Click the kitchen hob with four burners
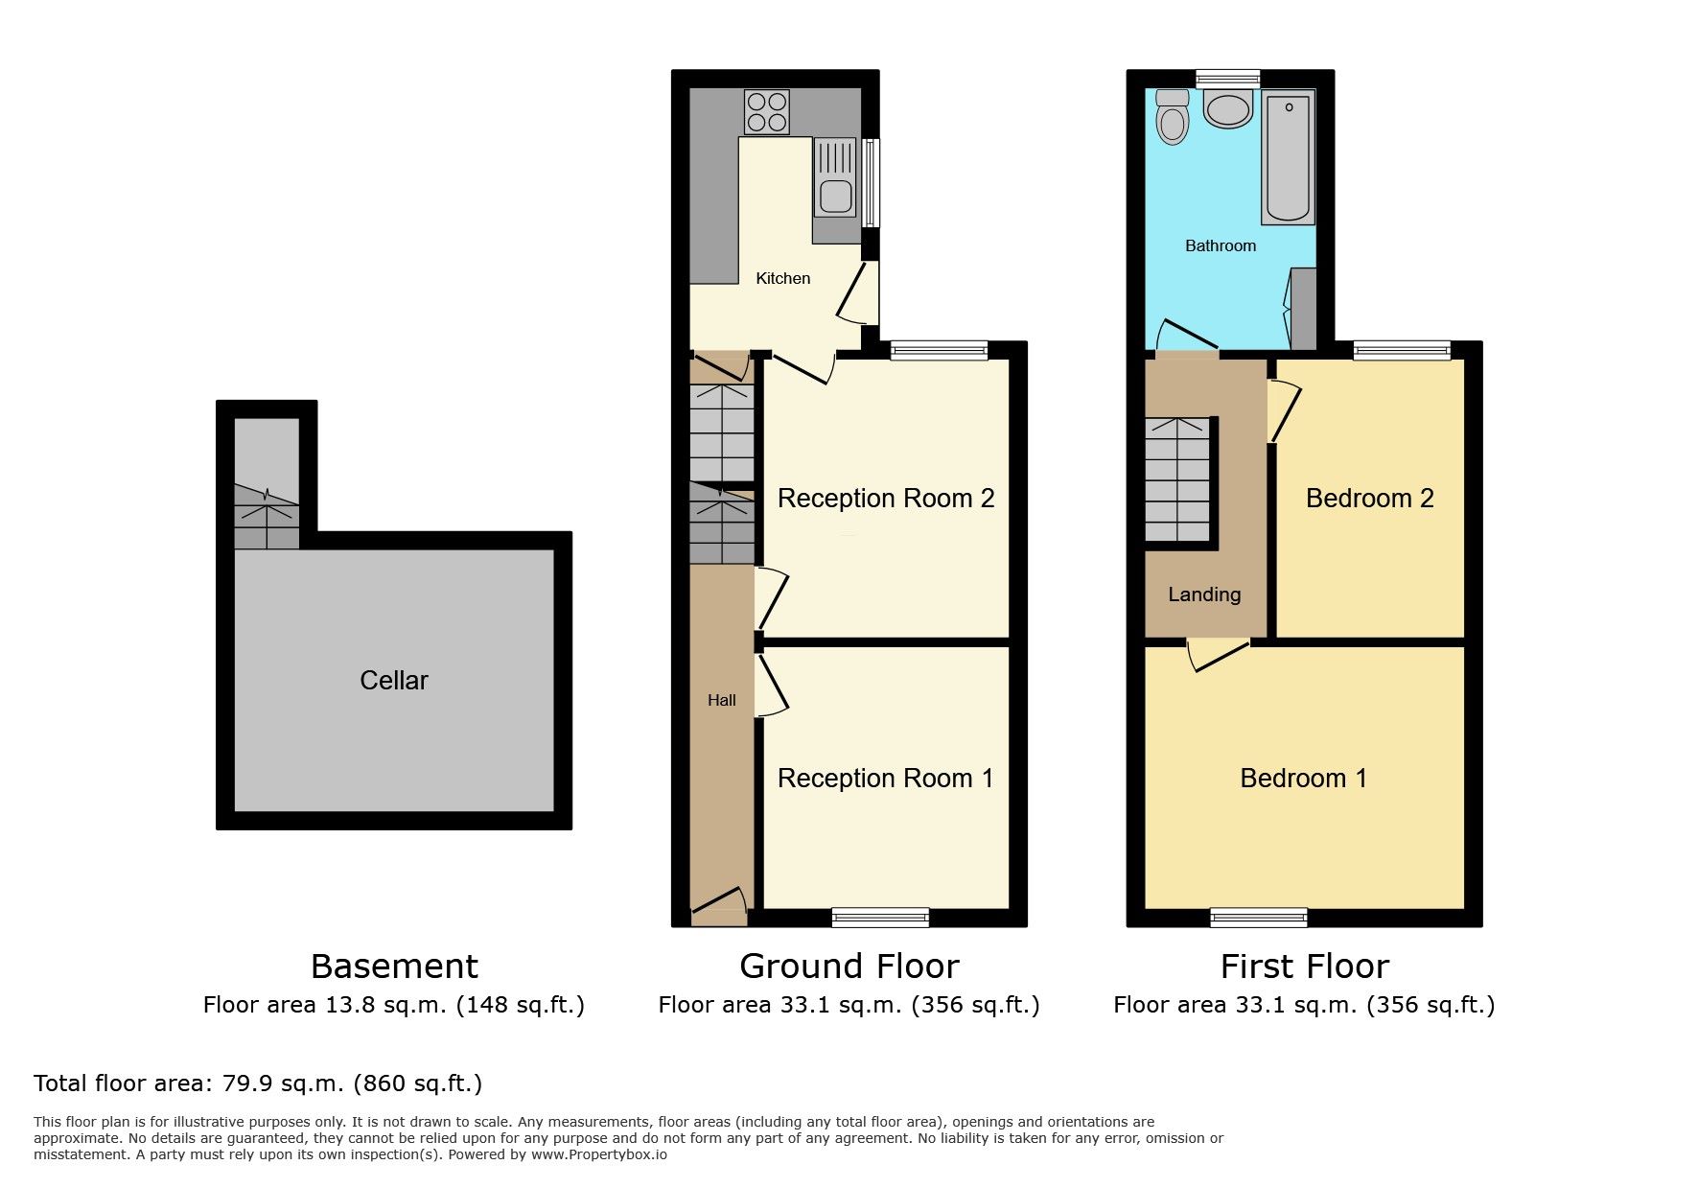(x=766, y=111)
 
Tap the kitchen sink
(x=835, y=176)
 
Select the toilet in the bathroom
(x=1172, y=116)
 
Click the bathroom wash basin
(x=1228, y=109)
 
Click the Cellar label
(x=394, y=680)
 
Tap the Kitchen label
(x=783, y=278)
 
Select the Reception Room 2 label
(x=886, y=498)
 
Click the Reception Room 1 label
(x=886, y=778)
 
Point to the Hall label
(x=722, y=700)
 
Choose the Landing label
(x=1204, y=594)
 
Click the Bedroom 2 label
(x=1370, y=498)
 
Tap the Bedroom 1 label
(x=1304, y=778)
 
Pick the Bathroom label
(x=1221, y=245)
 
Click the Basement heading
(x=394, y=966)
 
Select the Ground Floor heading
(x=849, y=966)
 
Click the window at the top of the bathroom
(x=1228, y=79)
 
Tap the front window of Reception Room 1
(x=881, y=918)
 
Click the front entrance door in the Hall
(x=719, y=906)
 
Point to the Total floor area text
(x=258, y=1083)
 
